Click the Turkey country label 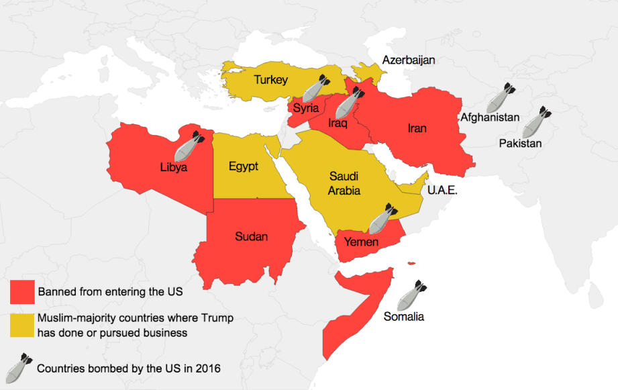pos(270,80)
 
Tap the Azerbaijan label pos(409,60)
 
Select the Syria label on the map pos(305,109)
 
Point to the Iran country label pos(417,128)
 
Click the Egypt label pos(243,166)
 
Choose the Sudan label pos(252,236)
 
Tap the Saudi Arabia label pos(344,183)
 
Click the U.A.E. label pos(442,191)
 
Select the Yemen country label pos(361,242)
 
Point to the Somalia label pos(403,317)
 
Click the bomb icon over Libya pos(190,142)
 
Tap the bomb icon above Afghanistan pos(500,97)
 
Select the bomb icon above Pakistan pos(536,121)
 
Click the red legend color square pos(22,292)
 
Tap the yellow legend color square pos(22,325)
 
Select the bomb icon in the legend pos(18,367)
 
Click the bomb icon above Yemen pos(382,218)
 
